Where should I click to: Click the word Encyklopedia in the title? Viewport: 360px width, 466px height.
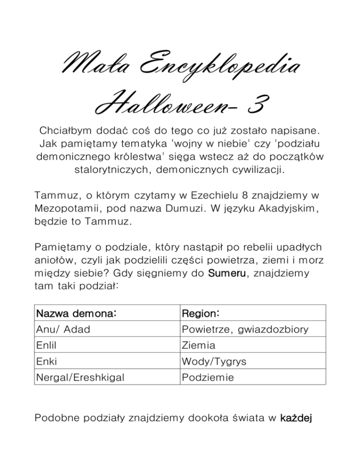(x=220, y=68)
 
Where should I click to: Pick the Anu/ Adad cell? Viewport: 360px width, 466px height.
(x=63, y=330)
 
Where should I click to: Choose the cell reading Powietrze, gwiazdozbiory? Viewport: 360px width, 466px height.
(x=245, y=330)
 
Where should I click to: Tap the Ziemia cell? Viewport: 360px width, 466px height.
(x=199, y=346)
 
